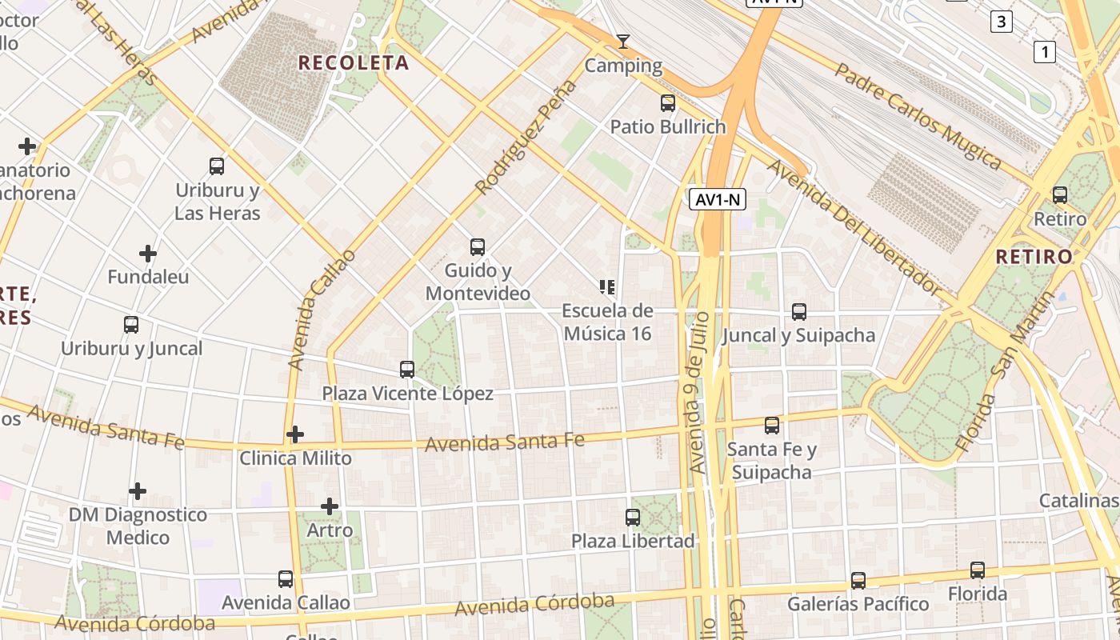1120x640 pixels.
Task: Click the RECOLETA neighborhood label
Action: [353, 62]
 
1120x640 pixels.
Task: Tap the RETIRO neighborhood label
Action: [1034, 257]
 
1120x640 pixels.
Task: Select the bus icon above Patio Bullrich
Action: [668, 103]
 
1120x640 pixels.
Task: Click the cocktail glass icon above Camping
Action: [623, 41]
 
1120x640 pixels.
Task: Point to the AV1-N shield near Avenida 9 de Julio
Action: [718, 199]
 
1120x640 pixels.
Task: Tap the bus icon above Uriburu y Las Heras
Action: [217, 166]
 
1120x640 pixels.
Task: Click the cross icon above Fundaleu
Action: [148, 254]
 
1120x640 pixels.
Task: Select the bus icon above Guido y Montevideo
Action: [478, 247]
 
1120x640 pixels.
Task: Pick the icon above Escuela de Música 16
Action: [606, 286]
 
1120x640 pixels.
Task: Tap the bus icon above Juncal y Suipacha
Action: [798, 312]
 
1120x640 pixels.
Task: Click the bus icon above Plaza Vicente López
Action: [407, 370]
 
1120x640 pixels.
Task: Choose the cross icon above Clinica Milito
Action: [295, 434]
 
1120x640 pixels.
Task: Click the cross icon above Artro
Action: [330, 506]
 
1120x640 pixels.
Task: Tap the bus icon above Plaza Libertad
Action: [633, 518]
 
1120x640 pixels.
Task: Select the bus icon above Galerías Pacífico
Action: [858, 580]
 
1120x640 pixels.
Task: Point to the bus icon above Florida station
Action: [978, 570]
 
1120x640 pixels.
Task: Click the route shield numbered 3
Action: [1001, 22]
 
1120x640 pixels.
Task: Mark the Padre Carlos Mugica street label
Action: [918, 117]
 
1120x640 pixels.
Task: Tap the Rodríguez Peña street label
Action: [526, 137]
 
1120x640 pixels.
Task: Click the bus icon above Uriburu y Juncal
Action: [131, 325]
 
